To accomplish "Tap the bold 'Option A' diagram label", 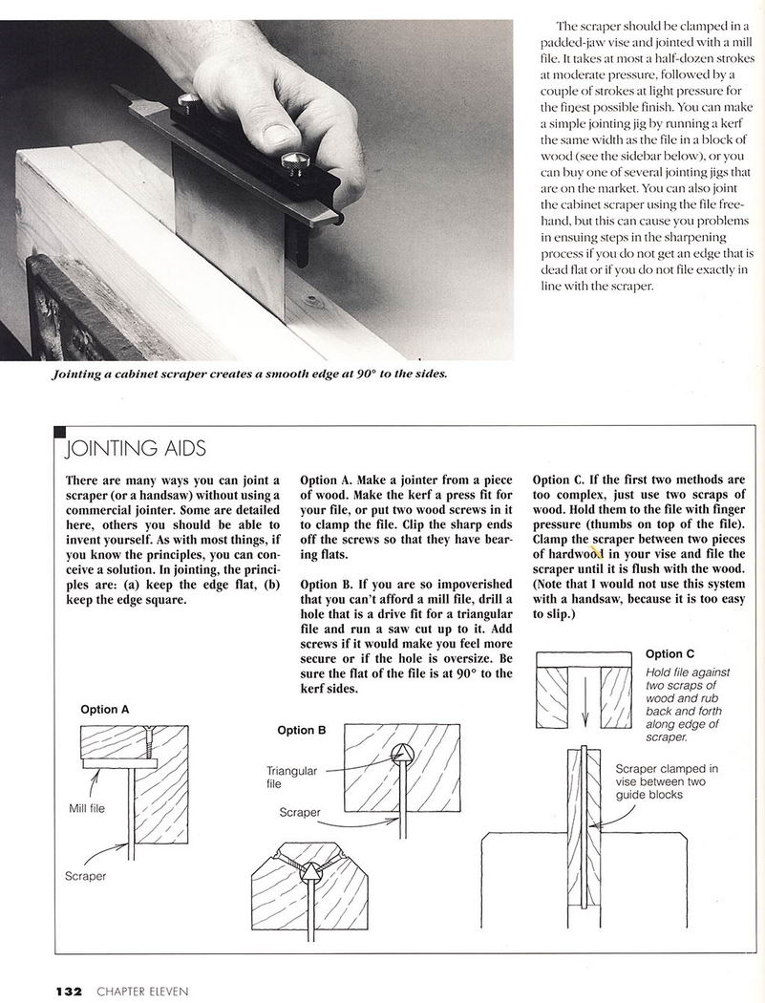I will [105, 710].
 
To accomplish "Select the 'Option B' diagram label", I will [302, 730].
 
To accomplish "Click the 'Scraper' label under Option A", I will [86, 876].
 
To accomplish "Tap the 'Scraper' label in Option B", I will [300, 812].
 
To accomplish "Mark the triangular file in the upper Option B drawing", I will [404, 754].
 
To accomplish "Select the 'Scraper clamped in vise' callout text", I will [667, 780].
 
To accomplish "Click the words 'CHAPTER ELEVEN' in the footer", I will [142, 992].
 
